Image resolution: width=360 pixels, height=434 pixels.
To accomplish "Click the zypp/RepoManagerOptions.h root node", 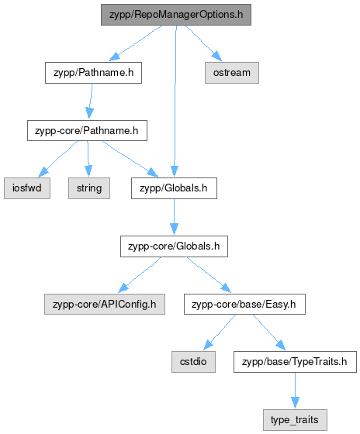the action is [176, 15].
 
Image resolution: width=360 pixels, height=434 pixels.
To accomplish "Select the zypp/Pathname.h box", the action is [93, 73].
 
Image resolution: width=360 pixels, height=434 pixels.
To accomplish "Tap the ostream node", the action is [232, 73].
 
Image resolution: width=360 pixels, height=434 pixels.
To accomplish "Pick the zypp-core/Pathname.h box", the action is [87, 131].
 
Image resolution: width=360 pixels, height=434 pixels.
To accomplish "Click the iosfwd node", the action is [27, 188].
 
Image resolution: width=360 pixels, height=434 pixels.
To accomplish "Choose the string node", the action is [89, 188].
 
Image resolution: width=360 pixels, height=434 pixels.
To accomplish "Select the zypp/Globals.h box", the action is [174, 188].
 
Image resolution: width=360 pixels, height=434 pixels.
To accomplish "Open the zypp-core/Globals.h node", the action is [174, 246].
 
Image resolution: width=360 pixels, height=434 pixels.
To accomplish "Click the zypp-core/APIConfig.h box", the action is [105, 304].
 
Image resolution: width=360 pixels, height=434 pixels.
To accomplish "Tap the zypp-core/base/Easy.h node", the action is [244, 304].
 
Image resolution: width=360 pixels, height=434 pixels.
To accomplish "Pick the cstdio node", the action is [193, 362].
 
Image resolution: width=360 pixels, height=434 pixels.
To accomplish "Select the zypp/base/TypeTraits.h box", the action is [295, 362].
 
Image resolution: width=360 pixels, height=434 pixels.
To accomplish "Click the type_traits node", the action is [295, 420].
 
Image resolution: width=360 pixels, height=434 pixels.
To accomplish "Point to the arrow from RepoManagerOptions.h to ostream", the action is [203, 43].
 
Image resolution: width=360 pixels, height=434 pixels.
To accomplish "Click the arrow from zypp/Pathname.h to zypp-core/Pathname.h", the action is [91, 101].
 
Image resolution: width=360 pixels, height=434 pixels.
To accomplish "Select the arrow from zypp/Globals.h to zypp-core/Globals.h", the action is [174, 217].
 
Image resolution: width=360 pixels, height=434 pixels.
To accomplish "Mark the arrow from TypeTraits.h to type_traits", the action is [295, 391].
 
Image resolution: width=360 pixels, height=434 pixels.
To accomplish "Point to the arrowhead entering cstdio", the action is [208, 345].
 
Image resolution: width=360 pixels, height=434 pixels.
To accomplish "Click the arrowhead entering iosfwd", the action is [43, 172].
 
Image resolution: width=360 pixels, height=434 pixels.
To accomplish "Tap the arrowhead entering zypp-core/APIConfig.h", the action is [123, 288].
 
